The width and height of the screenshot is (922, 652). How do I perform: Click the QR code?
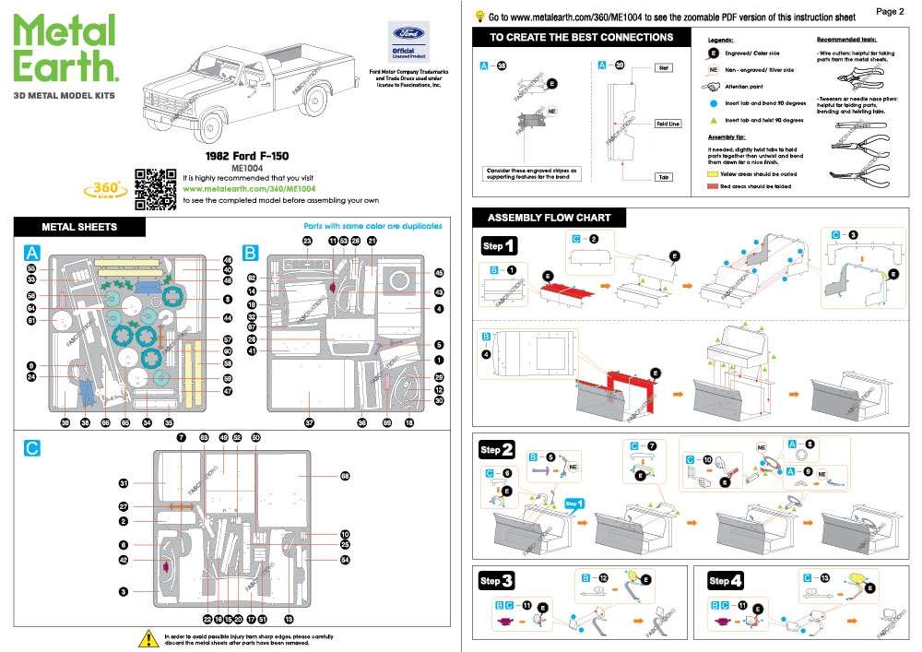tap(156, 187)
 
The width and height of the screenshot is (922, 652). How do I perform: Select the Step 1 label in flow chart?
tap(499, 246)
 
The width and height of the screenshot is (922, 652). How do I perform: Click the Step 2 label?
tap(496, 450)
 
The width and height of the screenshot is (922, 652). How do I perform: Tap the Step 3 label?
tap(496, 582)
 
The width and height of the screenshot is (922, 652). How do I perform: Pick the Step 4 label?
tap(727, 582)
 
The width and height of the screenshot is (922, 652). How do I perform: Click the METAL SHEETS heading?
tap(80, 227)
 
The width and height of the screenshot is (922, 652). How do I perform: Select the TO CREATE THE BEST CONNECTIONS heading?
tap(581, 38)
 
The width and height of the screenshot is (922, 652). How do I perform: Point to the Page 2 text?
tap(889, 12)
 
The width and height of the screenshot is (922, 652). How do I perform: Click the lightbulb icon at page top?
tap(479, 16)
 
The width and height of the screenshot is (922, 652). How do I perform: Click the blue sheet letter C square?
tap(32, 447)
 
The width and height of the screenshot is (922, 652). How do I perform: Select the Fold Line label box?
tap(667, 124)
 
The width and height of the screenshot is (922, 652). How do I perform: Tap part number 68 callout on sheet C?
tap(345, 477)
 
